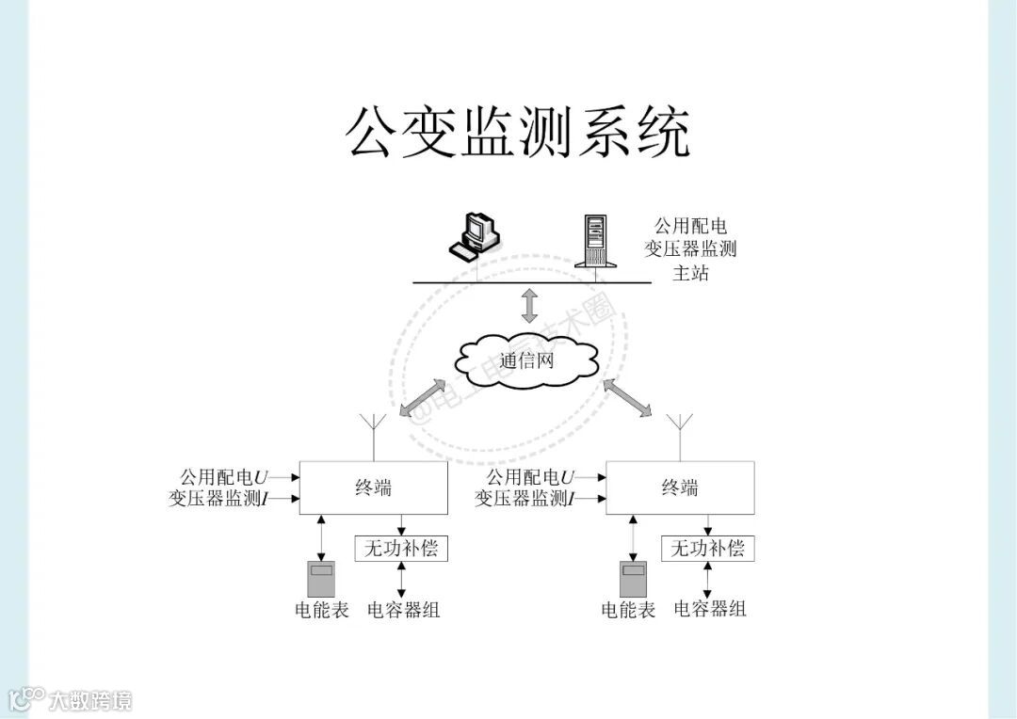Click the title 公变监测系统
518,133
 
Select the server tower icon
596,241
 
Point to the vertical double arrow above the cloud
529,307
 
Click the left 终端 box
373,487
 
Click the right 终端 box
679,487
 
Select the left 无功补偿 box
401,548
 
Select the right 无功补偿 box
707,548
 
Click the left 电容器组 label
403,610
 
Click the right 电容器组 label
710,609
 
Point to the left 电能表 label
322,610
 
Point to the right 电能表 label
628,610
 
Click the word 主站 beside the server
690,274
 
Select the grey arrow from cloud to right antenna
627,397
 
